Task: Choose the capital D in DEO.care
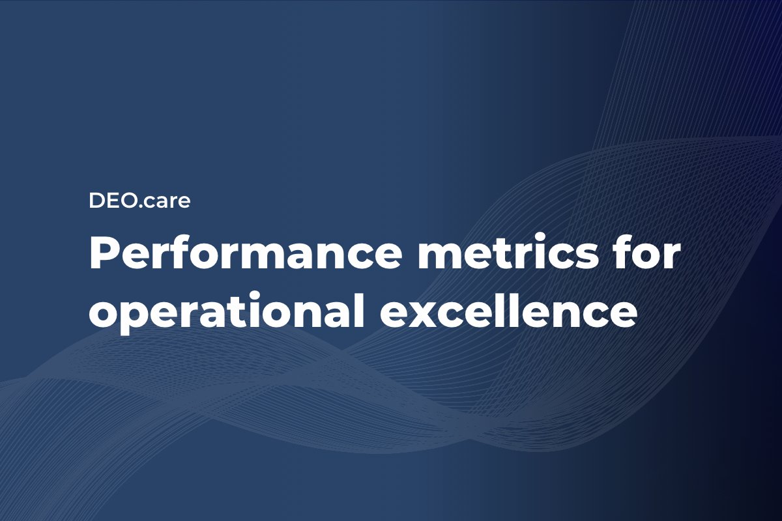click(96, 201)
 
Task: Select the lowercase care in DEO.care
click(166, 203)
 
